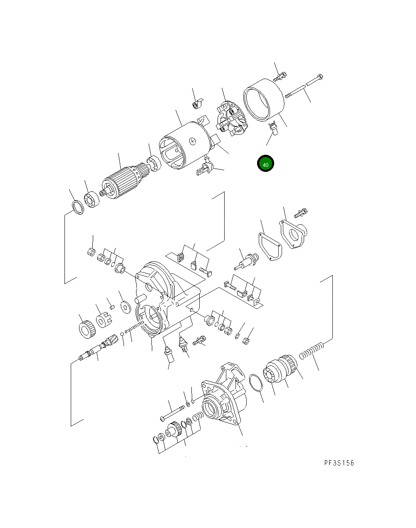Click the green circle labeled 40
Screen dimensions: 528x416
point(265,164)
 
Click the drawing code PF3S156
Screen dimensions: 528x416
point(339,463)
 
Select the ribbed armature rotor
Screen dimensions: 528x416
point(122,183)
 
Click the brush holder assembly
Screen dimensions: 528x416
point(230,118)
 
